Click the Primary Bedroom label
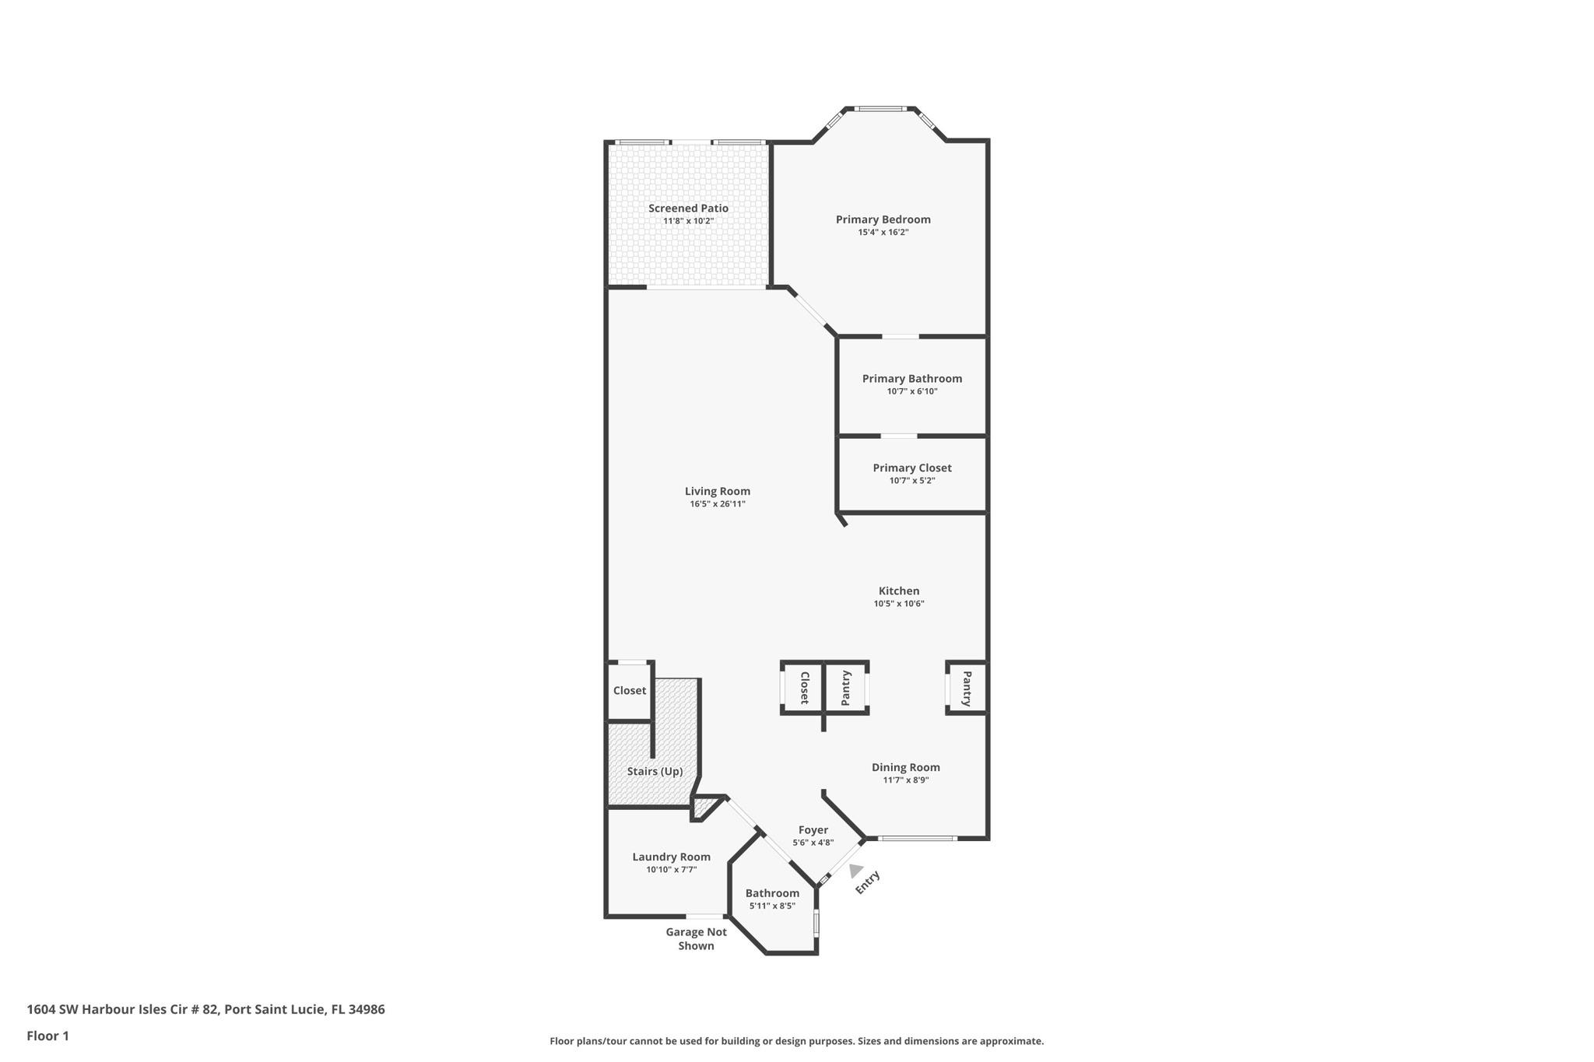(x=883, y=219)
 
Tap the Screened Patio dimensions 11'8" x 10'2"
(x=688, y=221)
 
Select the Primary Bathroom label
(x=911, y=379)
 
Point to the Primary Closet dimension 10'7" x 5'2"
(x=911, y=481)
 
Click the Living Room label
(x=717, y=491)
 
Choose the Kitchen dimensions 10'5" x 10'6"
(x=898, y=604)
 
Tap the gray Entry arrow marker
(x=855, y=871)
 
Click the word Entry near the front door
(x=867, y=882)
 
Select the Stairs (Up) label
(x=655, y=771)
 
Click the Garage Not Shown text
(x=696, y=938)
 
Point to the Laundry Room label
(x=671, y=857)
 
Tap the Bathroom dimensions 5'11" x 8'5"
(x=771, y=906)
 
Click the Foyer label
(x=813, y=830)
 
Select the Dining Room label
(x=905, y=767)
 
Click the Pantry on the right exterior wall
(x=967, y=689)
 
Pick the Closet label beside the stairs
(x=629, y=691)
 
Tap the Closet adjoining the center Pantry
(x=804, y=688)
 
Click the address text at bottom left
(x=205, y=1009)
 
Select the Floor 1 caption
(x=47, y=1036)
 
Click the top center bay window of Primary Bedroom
(x=880, y=109)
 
